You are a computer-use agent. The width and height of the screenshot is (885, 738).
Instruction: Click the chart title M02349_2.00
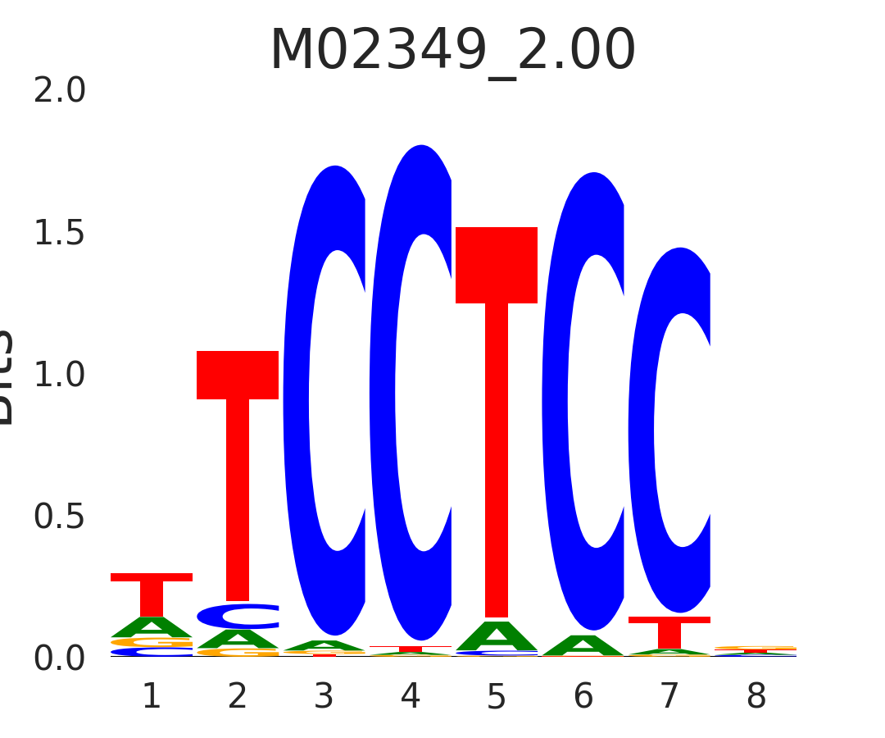tap(452, 51)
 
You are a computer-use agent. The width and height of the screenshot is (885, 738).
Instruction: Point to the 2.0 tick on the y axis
tap(60, 91)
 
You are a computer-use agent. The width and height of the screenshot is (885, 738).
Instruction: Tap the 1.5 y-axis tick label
tap(60, 234)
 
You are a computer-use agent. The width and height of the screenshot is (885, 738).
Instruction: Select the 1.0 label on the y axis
tap(60, 375)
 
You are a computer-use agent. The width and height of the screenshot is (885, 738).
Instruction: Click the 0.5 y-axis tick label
tap(60, 517)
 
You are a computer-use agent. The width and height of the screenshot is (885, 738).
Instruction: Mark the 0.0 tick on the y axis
tap(60, 658)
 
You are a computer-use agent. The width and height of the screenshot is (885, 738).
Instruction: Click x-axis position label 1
tap(152, 697)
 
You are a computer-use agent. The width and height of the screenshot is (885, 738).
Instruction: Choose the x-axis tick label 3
tap(324, 697)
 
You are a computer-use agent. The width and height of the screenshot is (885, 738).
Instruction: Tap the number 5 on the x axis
tap(497, 697)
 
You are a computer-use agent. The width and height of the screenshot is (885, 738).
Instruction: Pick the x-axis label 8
tap(756, 697)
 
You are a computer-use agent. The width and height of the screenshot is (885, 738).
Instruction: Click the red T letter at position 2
tap(238, 459)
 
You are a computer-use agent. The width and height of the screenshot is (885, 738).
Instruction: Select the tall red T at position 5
tap(497, 410)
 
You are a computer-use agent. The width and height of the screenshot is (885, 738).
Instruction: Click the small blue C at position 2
tap(238, 616)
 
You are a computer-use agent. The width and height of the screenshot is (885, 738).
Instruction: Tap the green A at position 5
tap(497, 636)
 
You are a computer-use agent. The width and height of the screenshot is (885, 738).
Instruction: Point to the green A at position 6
tap(583, 646)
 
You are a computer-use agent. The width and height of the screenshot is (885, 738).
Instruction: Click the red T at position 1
tap(152, 592)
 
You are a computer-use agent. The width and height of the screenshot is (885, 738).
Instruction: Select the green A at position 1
tap(152, 627)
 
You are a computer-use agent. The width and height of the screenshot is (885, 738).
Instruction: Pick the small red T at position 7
tap(669, 632)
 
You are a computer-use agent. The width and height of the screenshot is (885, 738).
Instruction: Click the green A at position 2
tap(238, 639)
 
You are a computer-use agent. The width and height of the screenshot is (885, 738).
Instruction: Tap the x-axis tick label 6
tap(583, 697)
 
